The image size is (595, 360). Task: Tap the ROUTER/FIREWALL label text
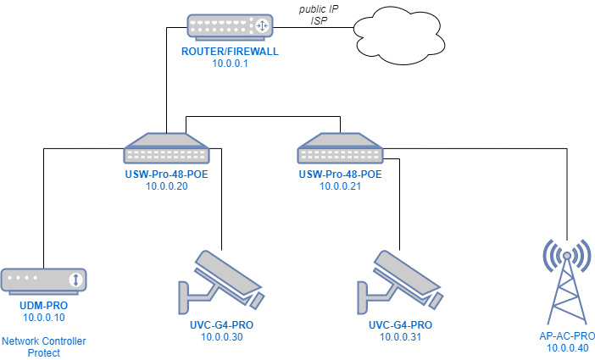coord(230,52)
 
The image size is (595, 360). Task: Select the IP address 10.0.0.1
coord(230,64)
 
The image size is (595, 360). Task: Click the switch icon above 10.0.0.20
coord(167,149)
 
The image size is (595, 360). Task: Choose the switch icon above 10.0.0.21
coord(340,149)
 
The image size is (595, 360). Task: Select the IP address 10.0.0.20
coord(167,186)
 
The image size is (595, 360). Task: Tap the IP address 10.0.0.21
coord(340,186)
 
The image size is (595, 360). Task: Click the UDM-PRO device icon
coord(44,280)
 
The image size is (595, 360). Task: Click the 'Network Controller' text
coord(44,341)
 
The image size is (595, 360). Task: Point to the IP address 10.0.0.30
coord(222,336)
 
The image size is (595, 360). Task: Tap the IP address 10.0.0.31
coord(401,336)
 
